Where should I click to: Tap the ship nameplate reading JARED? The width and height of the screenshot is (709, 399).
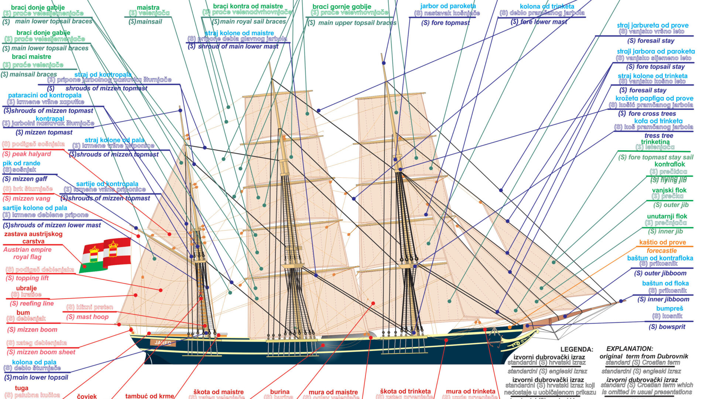163,342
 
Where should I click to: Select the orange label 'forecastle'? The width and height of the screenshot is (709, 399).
661,250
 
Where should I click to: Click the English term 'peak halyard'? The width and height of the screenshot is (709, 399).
27,154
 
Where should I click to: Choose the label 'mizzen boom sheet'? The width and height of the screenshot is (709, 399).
41,352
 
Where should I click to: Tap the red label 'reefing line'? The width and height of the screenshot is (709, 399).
32,303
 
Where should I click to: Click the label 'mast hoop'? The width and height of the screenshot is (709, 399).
88,317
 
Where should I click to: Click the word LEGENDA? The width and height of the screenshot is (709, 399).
576,349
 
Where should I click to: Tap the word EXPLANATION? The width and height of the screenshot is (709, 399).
630,348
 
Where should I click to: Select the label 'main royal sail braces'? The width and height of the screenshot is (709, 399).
249,22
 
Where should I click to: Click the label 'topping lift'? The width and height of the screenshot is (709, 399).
27,278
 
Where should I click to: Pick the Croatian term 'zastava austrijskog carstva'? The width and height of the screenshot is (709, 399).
33,238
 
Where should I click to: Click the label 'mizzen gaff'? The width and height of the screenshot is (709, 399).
25,179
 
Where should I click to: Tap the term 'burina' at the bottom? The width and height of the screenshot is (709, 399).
280,392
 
